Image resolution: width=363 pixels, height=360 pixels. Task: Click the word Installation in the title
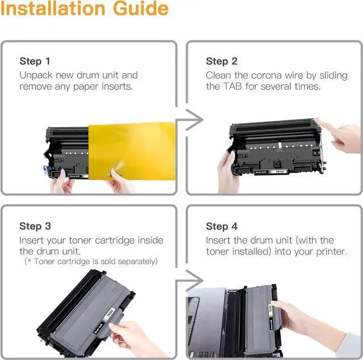click(53, 9)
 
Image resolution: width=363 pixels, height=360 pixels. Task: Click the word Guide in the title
click(141, 9)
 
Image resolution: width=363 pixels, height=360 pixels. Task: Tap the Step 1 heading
click(35, 61)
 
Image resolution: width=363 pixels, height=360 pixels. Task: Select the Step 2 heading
click(222, 61)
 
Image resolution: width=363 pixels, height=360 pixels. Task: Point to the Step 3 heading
click(35, 226)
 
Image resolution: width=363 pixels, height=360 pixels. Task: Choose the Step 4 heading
click(222, 226)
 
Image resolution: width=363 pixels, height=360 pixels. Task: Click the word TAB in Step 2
click(233, 86)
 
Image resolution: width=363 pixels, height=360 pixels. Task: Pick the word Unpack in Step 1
click(36, 75)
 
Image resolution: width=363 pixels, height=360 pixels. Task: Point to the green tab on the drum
click(315, 120)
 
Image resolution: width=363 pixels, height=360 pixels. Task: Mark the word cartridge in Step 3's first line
click(115, 240)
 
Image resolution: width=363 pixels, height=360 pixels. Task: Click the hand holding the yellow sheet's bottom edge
click(121, 181)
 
